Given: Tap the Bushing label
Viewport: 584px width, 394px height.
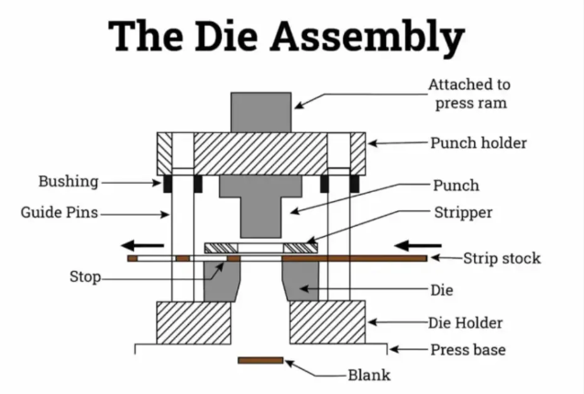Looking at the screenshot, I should tap(68, 181).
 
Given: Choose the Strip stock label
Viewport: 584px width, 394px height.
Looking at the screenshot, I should tap(501, 258).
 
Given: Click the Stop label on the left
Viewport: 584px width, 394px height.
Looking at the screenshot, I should tap(85, 276).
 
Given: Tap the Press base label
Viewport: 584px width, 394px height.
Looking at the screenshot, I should tap(468, 350).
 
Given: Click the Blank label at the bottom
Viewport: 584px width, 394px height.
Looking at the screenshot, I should tap(369, 375).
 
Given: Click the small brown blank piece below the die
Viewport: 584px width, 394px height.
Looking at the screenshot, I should tap(260, 360).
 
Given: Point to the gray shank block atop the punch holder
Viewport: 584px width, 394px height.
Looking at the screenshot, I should tap(261, 111).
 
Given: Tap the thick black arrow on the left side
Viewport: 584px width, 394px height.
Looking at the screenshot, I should tap(144, 245).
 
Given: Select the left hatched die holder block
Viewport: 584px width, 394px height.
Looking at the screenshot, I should tap(193, 321).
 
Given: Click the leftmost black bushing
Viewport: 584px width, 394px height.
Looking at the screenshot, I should tap(167, 184).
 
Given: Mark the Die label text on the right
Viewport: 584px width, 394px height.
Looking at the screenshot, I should tap(440, 289).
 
